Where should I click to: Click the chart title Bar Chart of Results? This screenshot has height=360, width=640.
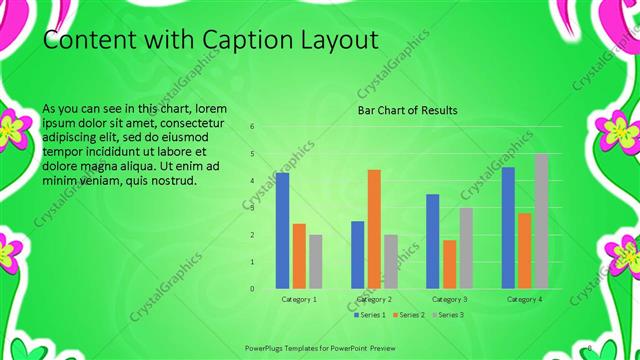click(x=408, y=110)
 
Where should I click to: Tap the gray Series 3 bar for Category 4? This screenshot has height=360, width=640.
click(x=540, y=221)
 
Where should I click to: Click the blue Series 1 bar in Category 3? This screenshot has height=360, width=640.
click(x=433, y=241)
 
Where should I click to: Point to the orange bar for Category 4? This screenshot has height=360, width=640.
click(x=524, y=250)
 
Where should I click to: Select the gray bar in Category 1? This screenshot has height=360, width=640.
click(x=315, y=261)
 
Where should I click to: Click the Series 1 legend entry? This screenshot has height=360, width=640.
click(x=369, y=315)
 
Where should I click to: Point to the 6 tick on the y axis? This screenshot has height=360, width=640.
click(x=252, y=127)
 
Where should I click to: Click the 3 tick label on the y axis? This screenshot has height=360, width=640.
click(x=252, y=208)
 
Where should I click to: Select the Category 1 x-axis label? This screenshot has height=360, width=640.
click(x=299, y=299)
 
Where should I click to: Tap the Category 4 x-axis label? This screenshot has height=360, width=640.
click(x=524, y=299)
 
